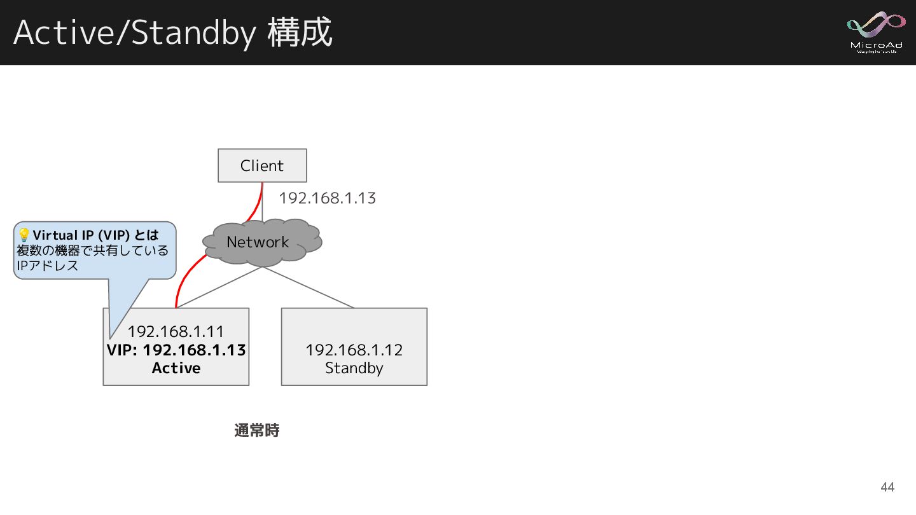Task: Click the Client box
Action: [x=262, y=165]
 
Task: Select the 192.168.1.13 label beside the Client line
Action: [x=327, y=198]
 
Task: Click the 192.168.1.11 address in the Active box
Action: [x=176, y=331]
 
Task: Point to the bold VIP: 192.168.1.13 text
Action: [x=176, y=350]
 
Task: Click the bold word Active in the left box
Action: [x=176, y=368]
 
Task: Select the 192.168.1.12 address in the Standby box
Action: [x=354, y=350]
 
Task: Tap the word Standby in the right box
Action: [x=354, y=368]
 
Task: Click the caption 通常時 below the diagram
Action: [x=257, y=430]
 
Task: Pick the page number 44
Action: [x=887, y=487]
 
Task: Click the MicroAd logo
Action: [x=875, y=32]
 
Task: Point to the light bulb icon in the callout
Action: [x=24, y=235]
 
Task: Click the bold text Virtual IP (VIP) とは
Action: [x=96, y=235]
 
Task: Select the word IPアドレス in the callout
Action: [x=48, y=266]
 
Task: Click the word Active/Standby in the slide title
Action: [x=134, y=33]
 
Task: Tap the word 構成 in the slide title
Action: [x=300, y=33]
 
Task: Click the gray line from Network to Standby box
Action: [x=309, y=287]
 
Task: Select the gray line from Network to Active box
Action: [x=219, y=287]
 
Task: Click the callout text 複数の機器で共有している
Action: [x=93, y=251]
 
